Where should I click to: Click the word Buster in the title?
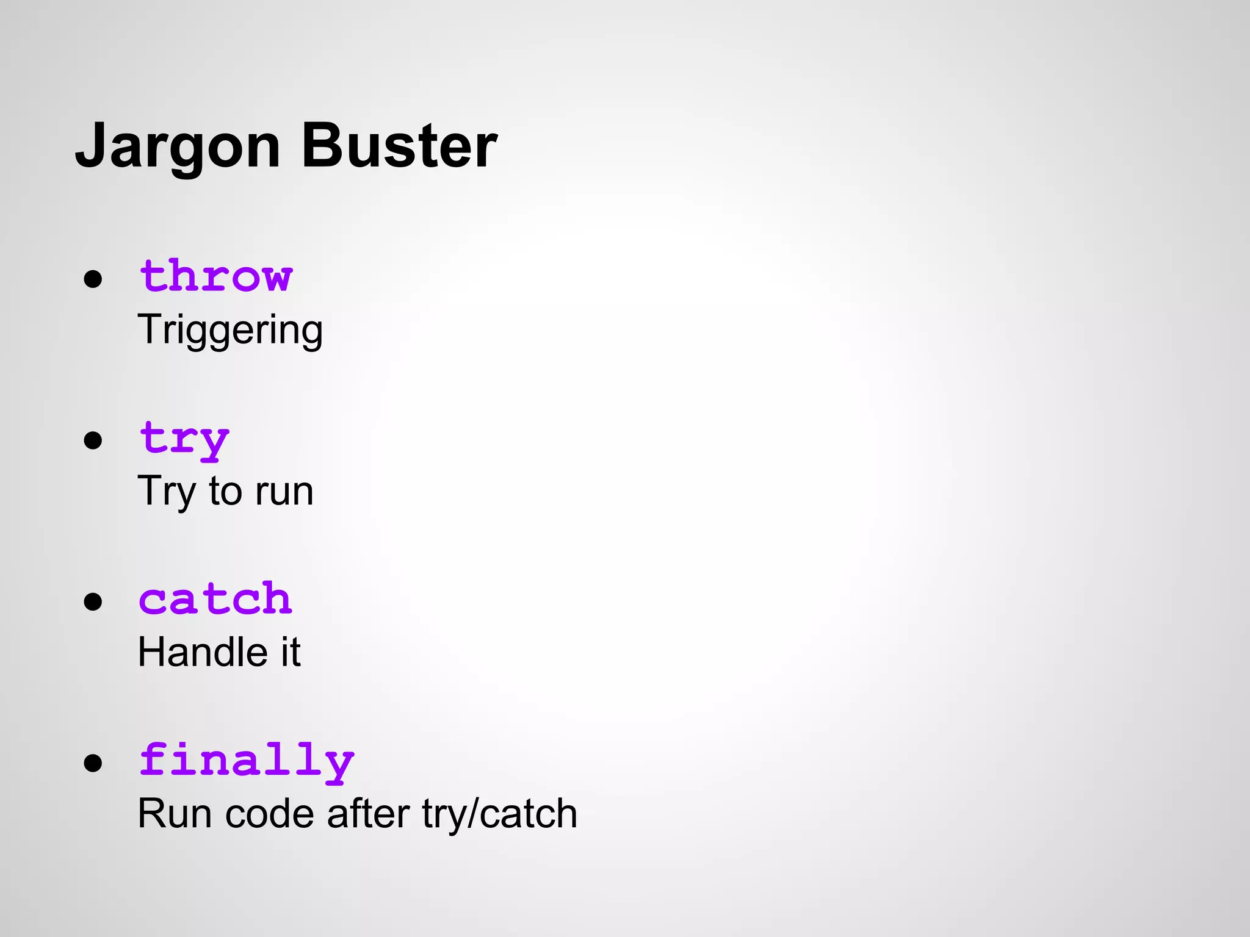(399, 146)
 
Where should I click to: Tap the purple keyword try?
(184, 439)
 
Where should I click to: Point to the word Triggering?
(230, 331)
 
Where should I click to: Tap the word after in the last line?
(368, 814)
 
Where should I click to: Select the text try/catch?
(499, 814)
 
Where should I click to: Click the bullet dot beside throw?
(93, 279)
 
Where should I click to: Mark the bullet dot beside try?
(93, 440)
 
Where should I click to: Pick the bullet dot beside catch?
(93, 601)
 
